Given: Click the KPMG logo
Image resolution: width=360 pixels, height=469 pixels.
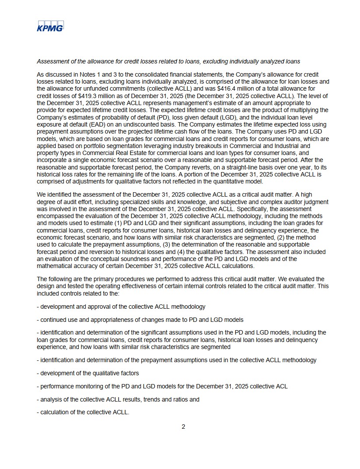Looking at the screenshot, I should [50, 26].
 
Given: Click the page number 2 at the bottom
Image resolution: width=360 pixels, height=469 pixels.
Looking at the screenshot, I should [183, 427].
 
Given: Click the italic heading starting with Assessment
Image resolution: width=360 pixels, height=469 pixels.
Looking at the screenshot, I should [168, 61].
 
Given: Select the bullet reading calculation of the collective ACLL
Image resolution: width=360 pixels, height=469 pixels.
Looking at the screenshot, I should [83, 413].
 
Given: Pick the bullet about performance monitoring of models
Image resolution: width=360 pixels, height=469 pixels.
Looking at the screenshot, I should [162, 386].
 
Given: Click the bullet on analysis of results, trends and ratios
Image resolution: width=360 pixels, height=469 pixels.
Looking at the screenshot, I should [118, 399].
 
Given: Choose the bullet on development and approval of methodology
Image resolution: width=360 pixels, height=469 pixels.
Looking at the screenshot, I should [121, 307].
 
